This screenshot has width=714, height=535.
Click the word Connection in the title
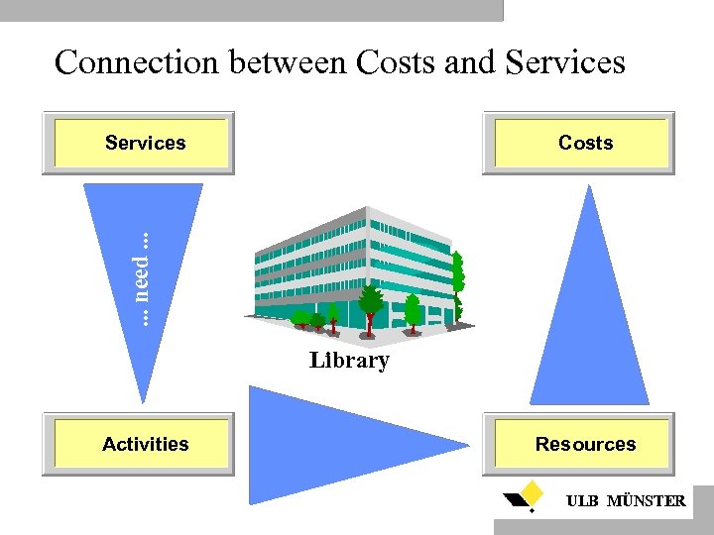point(138,62)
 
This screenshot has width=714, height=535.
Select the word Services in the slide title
point(564,62)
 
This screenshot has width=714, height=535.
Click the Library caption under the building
point(349,361)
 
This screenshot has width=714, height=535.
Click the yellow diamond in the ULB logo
point(533,490)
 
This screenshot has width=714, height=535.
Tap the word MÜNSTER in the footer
point(646,501)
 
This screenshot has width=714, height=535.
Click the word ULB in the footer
point(582,501)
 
